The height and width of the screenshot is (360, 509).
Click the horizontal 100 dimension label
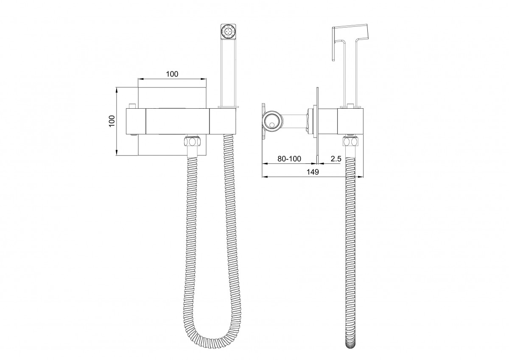coord(172,74)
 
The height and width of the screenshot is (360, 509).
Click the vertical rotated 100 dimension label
coord(112,121)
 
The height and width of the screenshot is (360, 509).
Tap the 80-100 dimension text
coord(289,159)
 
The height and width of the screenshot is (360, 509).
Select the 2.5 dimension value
coord(336,159)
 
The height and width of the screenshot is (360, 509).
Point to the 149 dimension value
coord(313,172)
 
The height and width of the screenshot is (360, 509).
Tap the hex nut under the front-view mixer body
coord(192,142)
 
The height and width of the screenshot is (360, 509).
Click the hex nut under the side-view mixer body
coord(351,142)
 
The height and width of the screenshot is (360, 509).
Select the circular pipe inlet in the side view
coord(272,121)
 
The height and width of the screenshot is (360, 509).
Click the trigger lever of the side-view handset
coord(335,44)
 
